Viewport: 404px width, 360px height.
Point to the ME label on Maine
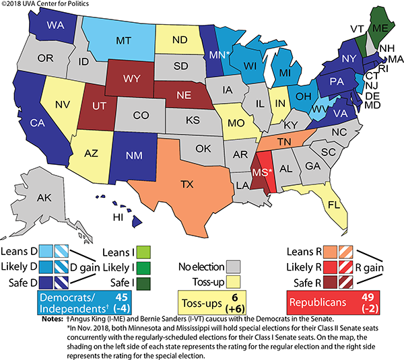[380, 29]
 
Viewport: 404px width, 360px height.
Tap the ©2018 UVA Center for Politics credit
[44, 5]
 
